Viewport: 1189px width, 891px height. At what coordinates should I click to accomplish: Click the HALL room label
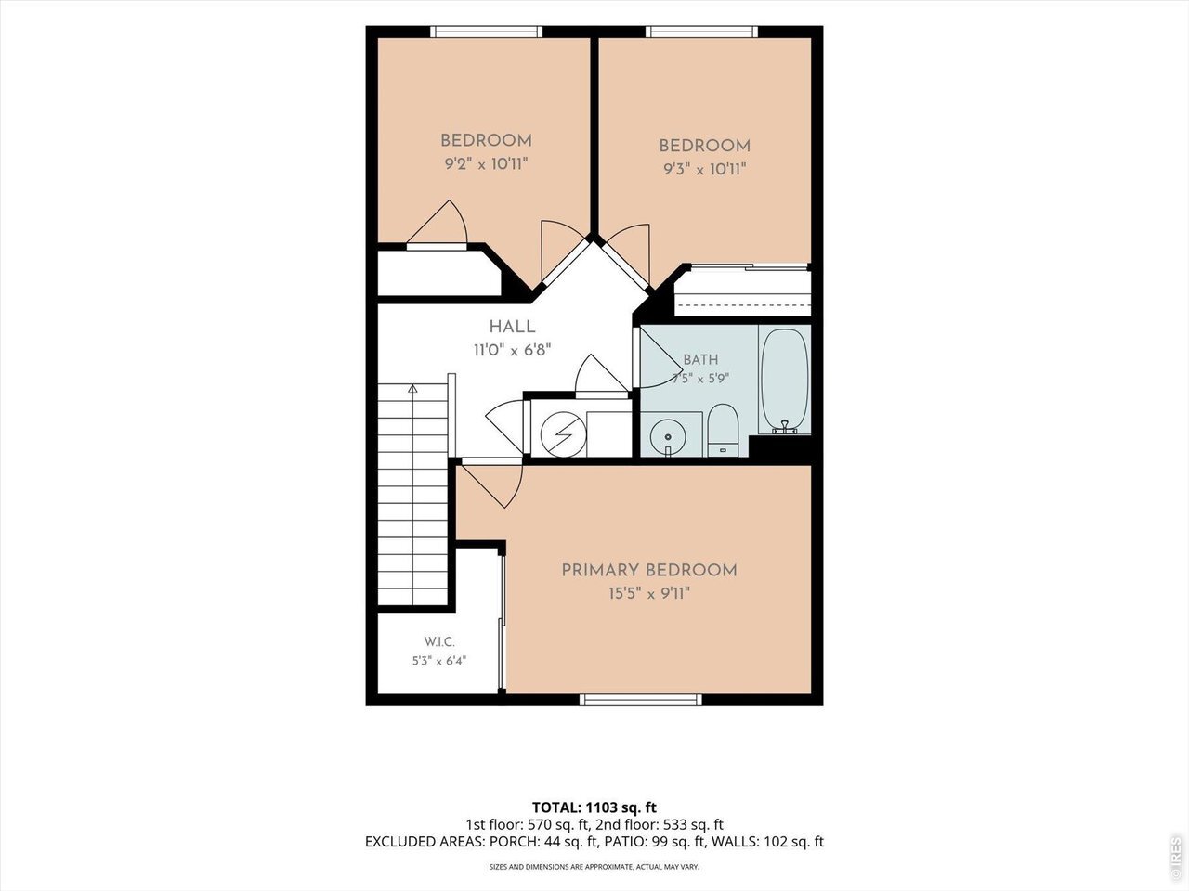pyautogui.click(x=512, y=327)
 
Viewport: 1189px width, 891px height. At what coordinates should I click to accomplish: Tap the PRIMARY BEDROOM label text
pyautogui.click(x=649, y=571)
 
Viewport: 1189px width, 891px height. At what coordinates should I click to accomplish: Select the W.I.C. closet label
pyautogui.click(x=439, y=642)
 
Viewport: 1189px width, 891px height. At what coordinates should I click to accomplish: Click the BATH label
pyautogui.click(x=700, y=360)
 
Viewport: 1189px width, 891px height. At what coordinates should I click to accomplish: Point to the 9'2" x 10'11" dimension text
pyautogui.click(x=486, y=164)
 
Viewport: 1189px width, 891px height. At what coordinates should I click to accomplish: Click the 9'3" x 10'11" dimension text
pyautogui.click(x=705, y=169)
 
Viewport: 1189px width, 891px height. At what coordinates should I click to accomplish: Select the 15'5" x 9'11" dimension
pyautogui.click(x=649, y=594)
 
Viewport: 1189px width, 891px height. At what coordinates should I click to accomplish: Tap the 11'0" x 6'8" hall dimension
pyautogui.click(x=512, y=350)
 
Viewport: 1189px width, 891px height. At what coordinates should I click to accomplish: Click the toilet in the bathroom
pyautogui.click(x=723, y=430)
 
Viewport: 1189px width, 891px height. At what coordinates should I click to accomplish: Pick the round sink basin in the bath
pyautogui.click(x=668, y=436)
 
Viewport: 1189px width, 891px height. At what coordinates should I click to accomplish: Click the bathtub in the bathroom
pyautogui.click(x=785, y=381)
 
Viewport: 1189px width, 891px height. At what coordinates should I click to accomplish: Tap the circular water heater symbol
pyautogui.click(x=563, y=434)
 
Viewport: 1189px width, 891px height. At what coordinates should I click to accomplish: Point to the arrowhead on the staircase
pyautogui.click(x=412, y=388)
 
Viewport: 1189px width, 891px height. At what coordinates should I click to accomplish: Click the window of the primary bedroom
pyautogui.click(x=641, y=700)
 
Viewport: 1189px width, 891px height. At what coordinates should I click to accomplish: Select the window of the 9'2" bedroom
pyautogui.click(x=487, y=32)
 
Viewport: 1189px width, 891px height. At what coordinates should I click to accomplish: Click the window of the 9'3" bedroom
pyautogui.click(x=701, y=32)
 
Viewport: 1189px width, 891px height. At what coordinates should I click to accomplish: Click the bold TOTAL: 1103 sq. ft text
pyautogui.click(x=594, y=807)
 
